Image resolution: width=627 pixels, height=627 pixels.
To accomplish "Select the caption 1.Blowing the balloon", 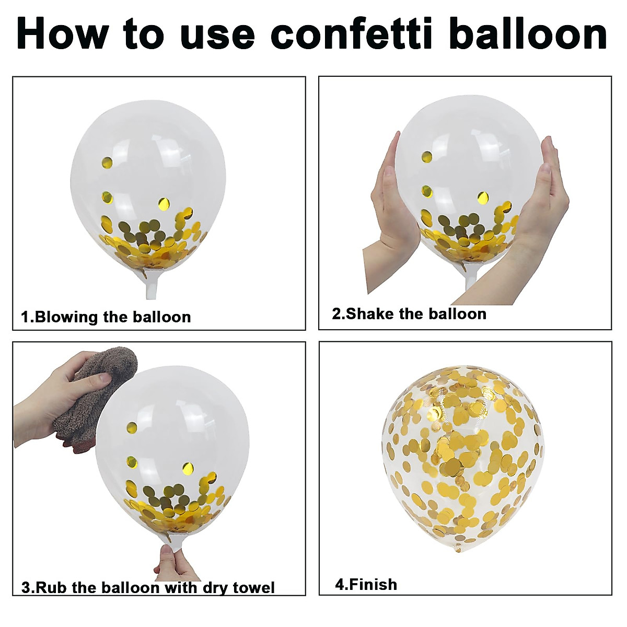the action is pos(106,317).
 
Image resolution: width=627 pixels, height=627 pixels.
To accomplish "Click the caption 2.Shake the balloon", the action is pos(409,313).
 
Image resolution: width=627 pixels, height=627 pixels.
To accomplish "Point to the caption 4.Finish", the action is pos(366,584).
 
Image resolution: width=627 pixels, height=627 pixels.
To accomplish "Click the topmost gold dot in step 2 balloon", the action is pos(427,157).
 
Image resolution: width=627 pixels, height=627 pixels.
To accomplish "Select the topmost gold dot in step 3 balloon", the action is pos(132,426).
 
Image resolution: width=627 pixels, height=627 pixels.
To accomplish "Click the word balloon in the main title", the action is pos(529,33).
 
